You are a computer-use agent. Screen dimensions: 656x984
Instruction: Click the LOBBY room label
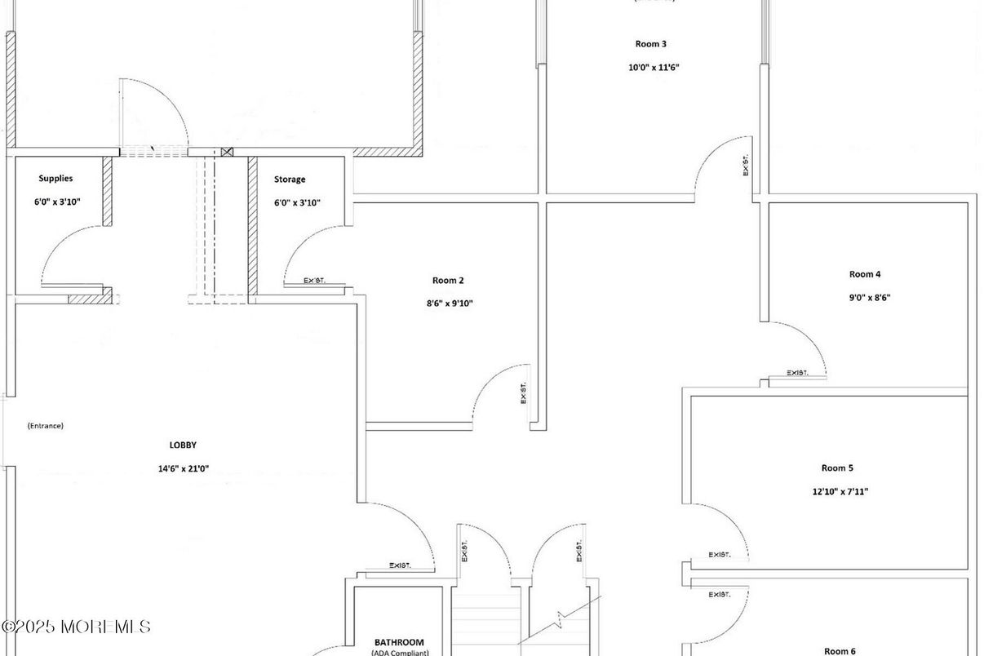[x=183, y=445]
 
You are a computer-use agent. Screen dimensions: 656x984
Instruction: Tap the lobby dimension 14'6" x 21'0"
[x=183, y=469]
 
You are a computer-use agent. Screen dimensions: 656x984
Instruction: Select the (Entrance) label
[x=45, y=426]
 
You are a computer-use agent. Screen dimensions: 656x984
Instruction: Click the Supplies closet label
[x=55, y=179]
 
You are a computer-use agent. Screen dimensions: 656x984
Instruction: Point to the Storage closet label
[x=290, y=180]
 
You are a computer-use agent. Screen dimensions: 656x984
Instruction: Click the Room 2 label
[x=448, y=281]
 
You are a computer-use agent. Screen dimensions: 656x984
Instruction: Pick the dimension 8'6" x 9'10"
[x=448, y=304]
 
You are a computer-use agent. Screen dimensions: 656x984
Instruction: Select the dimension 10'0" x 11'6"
[x=654, y=68]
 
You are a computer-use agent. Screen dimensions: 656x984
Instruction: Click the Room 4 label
[x=865, y=275]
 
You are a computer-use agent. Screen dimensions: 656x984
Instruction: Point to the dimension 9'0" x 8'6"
[x=870, y=298]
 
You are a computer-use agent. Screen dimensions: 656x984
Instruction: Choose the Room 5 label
[x=837, y=468]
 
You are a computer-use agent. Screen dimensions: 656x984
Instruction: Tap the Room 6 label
[x=840, y=650]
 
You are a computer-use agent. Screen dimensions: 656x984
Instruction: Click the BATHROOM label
[x=399, y=643]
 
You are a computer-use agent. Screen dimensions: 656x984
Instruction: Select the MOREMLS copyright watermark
[x=76, y=627]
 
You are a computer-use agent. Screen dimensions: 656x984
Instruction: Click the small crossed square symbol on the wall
[x=227, y=152]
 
